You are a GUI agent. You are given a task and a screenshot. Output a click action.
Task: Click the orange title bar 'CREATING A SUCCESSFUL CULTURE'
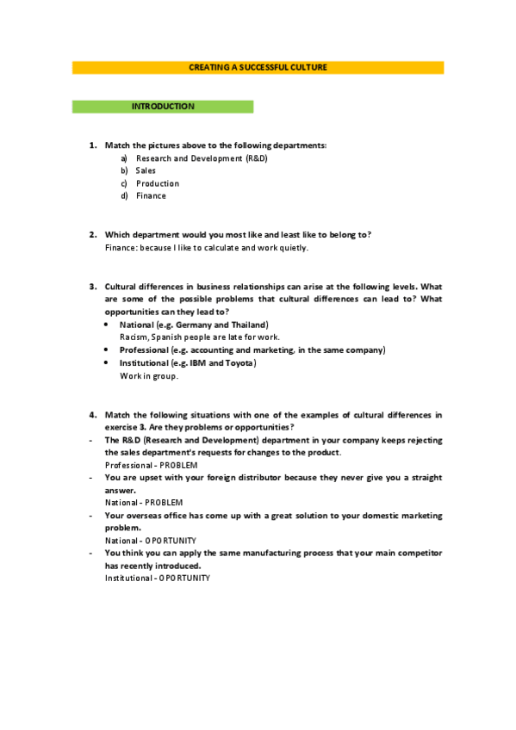pos(258,67)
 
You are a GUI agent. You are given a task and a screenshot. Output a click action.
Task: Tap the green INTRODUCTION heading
pos(163,107)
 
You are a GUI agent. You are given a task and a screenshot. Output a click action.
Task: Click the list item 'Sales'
pos(146,170)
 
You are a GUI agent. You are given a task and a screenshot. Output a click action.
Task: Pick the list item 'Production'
pos(158,183)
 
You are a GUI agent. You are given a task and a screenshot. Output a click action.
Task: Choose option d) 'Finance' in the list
pos(151,195)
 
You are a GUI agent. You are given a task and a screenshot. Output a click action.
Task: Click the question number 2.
pos(92,235)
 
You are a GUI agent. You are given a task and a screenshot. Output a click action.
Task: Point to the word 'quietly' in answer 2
pos(291,248)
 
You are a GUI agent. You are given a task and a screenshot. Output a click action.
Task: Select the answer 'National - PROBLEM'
pos(138,503)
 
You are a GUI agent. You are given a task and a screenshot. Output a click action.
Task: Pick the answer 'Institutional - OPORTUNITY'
pos(157,578)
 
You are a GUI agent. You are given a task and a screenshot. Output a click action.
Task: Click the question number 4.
pos(92,415)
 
